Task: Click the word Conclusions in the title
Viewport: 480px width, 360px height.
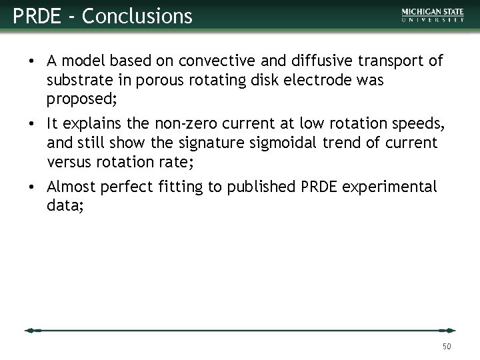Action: point(137,15)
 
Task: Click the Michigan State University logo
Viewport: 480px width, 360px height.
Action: point(433,15)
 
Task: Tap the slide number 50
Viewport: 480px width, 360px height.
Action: point(447,346)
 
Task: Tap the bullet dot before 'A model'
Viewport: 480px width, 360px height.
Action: point(32,62)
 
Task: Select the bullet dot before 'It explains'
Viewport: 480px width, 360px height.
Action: point(32,124)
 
